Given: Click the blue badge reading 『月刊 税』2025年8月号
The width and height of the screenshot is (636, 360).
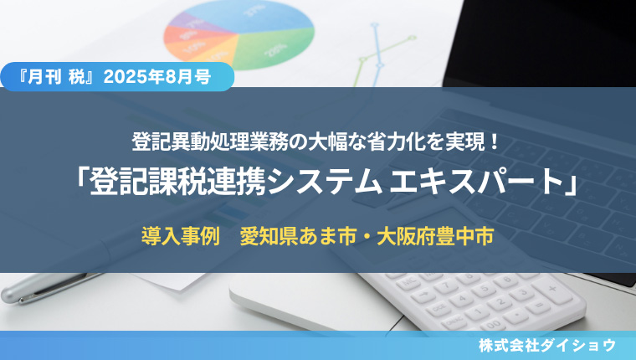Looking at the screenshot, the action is (117, 77).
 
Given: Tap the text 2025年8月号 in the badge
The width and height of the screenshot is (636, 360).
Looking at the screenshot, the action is (157, 77).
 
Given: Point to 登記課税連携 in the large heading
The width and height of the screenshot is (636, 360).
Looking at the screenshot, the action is (177, 182).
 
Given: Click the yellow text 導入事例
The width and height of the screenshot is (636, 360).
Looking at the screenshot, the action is (181, 236).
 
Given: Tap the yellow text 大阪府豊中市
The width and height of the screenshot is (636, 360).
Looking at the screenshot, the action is (435, 236).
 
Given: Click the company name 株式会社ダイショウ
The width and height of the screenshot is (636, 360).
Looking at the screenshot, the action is (547, 346).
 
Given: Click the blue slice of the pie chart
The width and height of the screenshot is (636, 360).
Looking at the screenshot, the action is (259, 16).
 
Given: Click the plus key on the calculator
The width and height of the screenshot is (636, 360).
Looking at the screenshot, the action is (552, 289).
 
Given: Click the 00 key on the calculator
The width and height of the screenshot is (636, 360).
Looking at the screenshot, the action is (493, 323).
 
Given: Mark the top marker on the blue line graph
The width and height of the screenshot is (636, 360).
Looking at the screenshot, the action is (375, 25).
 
